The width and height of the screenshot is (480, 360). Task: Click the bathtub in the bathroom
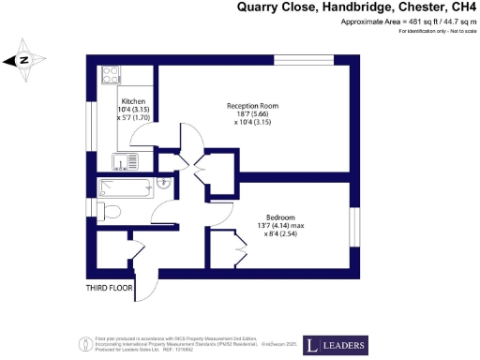point(124,187)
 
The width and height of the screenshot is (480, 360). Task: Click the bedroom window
point(355,228)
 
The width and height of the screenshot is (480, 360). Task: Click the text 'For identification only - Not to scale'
point(437,32)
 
